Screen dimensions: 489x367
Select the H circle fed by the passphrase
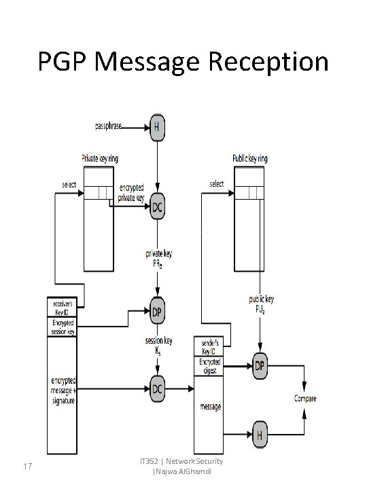click(158, 126)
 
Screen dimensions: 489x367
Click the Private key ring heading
click(100, 158)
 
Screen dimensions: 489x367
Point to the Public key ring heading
click(250, 158)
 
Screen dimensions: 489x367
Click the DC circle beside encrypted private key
click(158, 205)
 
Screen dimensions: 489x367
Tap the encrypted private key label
click(131, 193)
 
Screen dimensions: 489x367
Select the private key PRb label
click(158, 258)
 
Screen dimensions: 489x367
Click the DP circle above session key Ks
click(157, 312)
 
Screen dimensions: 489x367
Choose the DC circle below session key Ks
click(158, 388)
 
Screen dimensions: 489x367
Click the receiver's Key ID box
click(62, 306)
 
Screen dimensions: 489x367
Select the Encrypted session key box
click(62, 327)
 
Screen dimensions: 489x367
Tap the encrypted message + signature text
click(62, 391)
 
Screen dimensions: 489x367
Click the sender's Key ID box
click(210, 346)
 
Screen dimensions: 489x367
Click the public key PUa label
click(261, 303)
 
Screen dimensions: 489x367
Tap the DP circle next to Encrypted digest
click(260, 366)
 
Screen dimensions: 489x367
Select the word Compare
click(304, 399)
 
